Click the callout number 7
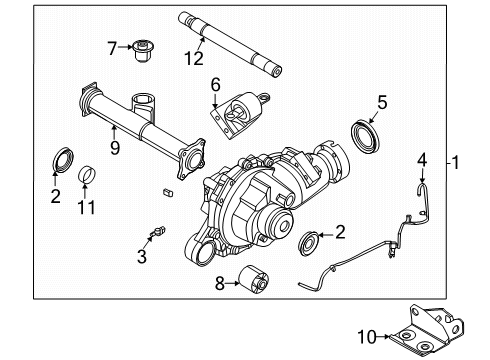112,45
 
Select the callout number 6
213,86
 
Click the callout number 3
142,256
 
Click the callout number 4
421,159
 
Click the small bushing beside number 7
142,47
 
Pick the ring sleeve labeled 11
86,175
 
